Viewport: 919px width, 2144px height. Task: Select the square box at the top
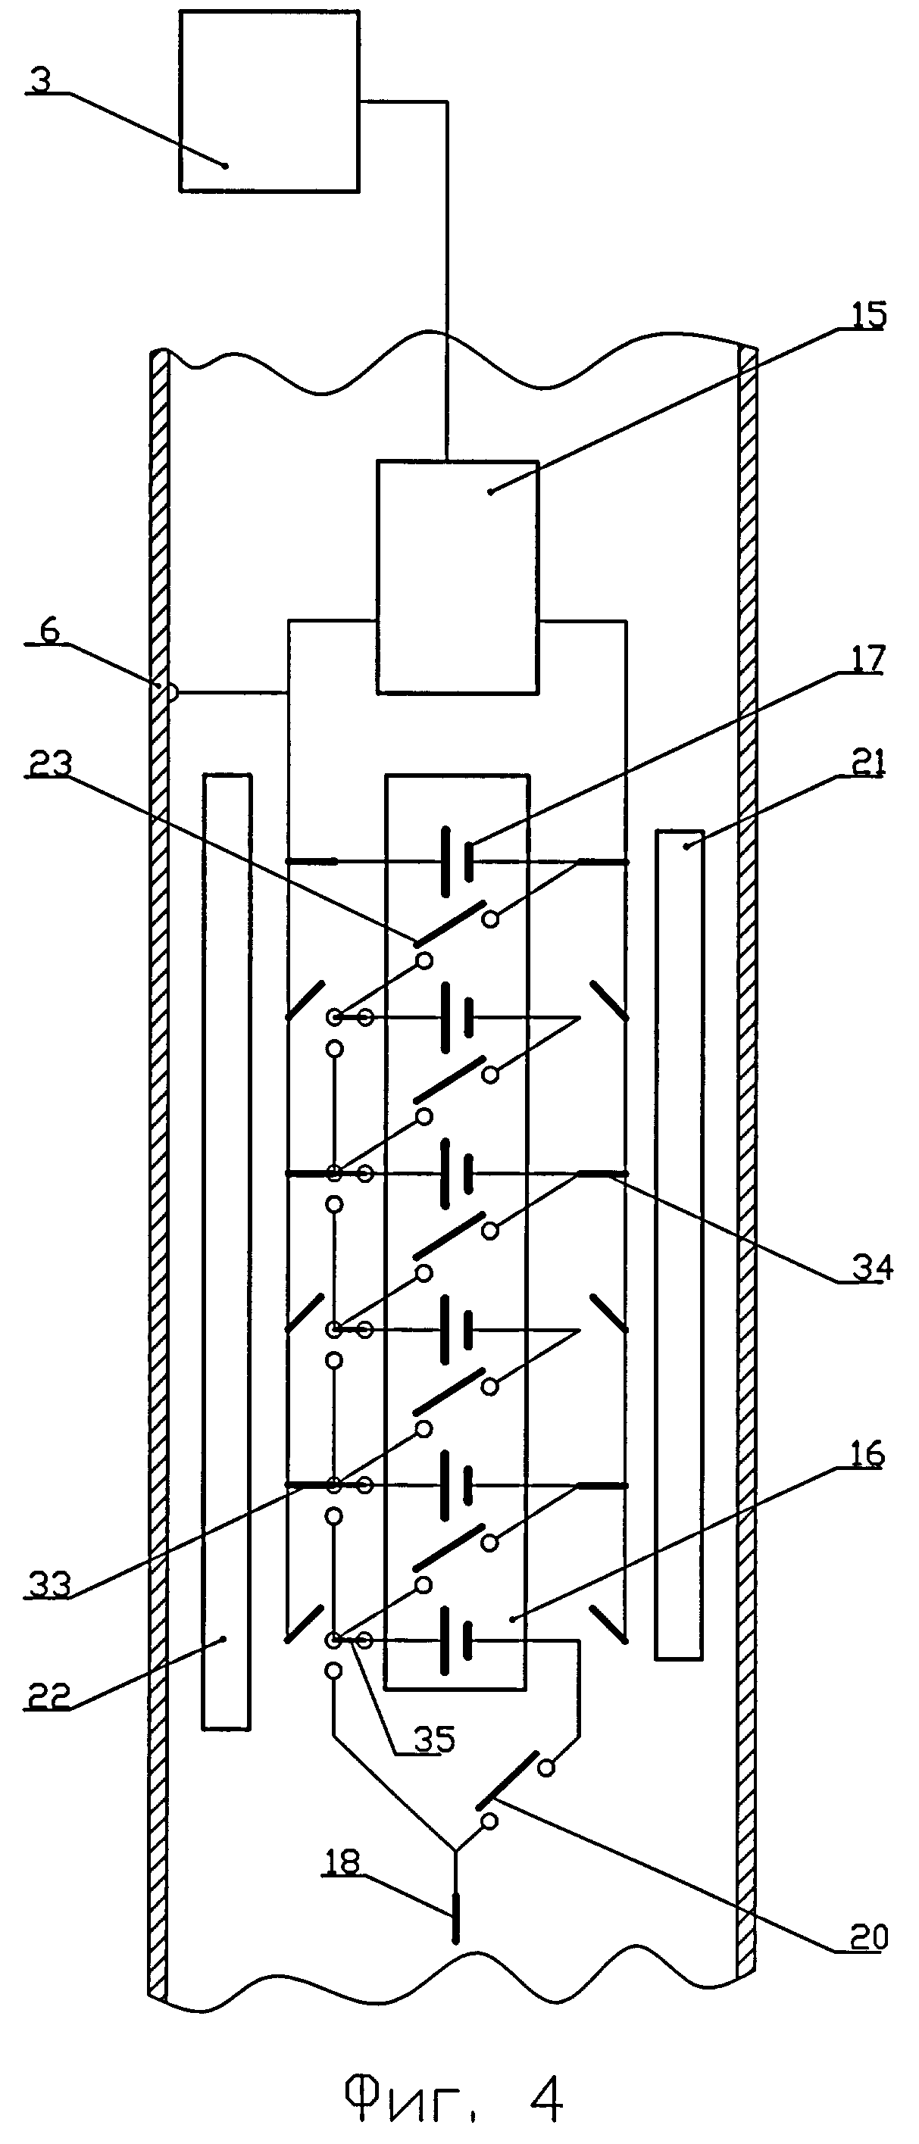(x=269, y=101)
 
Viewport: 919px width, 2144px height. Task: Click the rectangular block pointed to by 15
(x=457, y=576)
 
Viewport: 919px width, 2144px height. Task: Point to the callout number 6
(x=50, y=632)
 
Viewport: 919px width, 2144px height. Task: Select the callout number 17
(x=867, y=660)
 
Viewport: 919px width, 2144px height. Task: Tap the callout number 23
(x=48, y=764)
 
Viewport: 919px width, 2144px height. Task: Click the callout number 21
(x=868, y=763)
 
